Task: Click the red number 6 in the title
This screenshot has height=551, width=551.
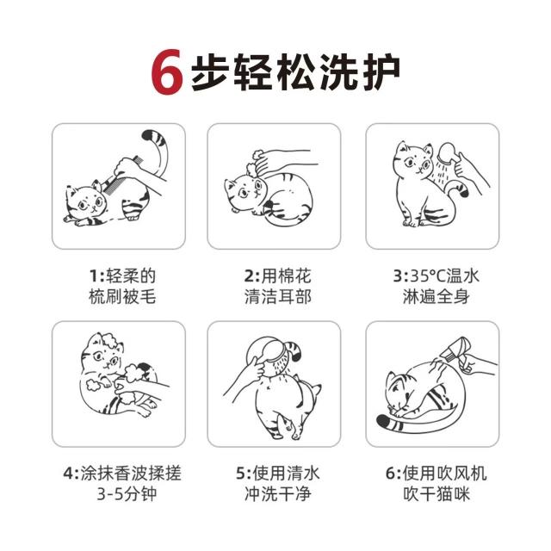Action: coord(167,72)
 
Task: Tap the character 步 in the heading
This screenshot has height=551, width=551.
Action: coord(210,72)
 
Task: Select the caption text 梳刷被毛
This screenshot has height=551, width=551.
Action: coord(122,297)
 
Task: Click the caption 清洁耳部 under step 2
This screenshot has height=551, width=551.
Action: coord(277,297)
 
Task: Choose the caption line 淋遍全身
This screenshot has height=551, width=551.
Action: coord(436,297)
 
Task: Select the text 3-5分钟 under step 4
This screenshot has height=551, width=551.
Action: coord(127,494)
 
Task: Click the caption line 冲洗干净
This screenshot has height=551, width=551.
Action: coord(277,494)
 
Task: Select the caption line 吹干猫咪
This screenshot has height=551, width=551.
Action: coord(436,494)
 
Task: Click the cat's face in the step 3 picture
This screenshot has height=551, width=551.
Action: coord(413,161)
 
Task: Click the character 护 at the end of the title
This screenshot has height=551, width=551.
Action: coord(381,72)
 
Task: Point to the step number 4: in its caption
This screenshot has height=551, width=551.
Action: coord(71,474)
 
